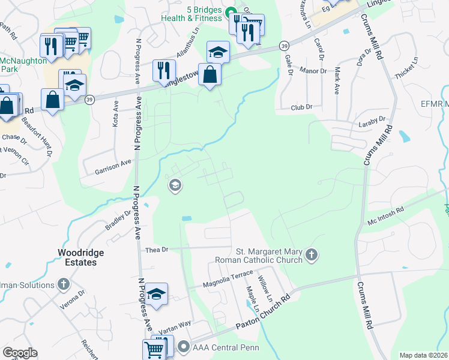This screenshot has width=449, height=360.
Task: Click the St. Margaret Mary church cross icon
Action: coord(311,255)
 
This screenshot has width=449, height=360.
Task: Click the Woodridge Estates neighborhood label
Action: coord(77,258)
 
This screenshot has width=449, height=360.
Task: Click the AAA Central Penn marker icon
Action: coord(183,346)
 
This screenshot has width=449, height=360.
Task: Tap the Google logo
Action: coord(19,353)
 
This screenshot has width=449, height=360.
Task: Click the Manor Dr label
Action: coord(314,71)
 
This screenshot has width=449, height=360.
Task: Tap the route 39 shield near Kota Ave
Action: coord(89,100)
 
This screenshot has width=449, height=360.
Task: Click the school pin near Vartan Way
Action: coord(156,294)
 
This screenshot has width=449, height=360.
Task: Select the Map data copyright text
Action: coord(424,355)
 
